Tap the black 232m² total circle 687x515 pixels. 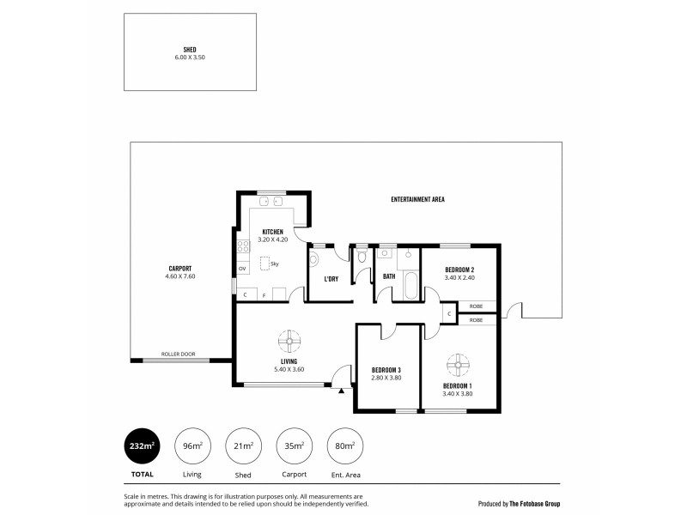coord(142,445)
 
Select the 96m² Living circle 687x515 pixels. coord(192,445)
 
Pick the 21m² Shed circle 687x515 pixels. coord(243,445)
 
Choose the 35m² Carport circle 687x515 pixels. coord(295,445)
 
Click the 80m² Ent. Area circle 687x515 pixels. coord(346,445)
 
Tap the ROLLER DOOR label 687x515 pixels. coord(178,354)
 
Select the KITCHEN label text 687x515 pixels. coord(273,232)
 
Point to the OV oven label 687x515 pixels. coord(242,269)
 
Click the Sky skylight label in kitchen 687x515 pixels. coord(274,264)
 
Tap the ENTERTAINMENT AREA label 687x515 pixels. coord(417,199)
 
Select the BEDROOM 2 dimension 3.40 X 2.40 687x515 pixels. coord(459,277)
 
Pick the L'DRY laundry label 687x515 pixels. coord(331,278)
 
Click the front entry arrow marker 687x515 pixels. coord(341,391)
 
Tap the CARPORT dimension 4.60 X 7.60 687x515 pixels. coord(180,276)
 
